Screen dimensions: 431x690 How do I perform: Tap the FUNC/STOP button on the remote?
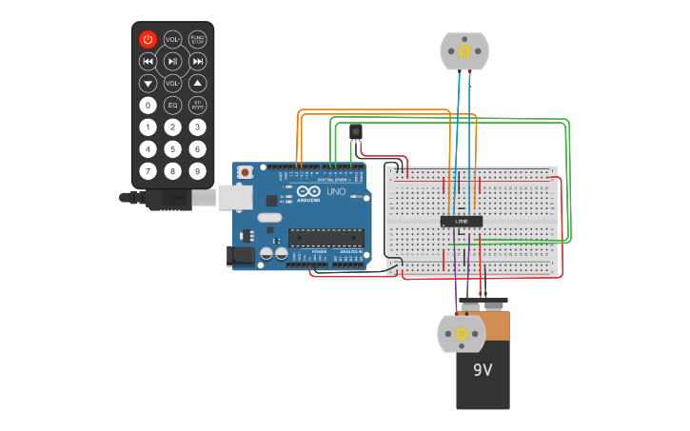197,39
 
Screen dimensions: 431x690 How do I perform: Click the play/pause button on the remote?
172,61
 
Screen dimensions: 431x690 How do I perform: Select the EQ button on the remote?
172,105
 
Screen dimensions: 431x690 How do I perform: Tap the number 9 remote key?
197,170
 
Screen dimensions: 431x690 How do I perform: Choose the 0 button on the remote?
148,105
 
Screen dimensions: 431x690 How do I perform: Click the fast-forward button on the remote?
197,61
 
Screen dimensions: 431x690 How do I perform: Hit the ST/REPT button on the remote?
197,105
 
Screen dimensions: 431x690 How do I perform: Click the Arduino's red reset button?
245,172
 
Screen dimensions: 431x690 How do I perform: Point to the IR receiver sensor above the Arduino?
356,131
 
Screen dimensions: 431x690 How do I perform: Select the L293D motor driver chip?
461,222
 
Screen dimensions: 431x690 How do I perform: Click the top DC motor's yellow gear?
463,50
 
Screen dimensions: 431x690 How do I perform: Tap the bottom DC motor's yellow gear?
462,333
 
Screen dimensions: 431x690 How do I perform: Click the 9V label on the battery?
483,368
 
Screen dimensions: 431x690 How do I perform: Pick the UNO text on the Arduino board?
336,192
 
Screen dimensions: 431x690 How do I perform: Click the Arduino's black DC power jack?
238,254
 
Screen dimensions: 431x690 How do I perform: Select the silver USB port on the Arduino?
234,196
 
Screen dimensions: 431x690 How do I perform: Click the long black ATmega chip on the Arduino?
325,237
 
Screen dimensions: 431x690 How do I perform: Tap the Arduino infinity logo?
307,192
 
